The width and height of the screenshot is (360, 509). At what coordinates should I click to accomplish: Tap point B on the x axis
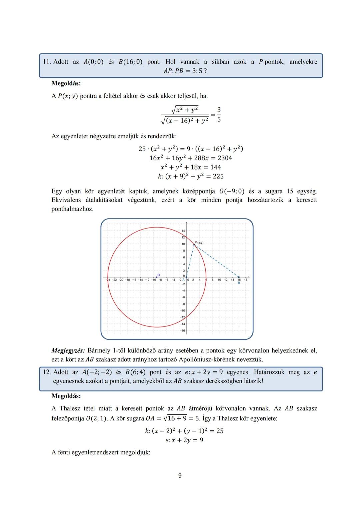tap(239, 277)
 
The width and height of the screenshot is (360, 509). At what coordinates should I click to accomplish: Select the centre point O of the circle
tap(157, 277)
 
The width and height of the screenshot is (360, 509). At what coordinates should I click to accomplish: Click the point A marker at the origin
tap(186, 277)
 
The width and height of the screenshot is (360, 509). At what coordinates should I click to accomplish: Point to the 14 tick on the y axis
tap(183, 231)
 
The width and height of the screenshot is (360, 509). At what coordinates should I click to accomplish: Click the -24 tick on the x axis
tap(108, 280)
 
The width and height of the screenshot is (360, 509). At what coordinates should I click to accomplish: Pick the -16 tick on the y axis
tap(183, 330)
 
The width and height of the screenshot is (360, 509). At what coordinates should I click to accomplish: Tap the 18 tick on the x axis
tap(246, 280)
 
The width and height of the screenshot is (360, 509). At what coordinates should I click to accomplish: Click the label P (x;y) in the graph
tap(199, 243)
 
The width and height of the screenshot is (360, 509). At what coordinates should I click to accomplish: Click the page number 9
tap(180, 476)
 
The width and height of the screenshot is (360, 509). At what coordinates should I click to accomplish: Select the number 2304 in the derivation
tap(225, 158)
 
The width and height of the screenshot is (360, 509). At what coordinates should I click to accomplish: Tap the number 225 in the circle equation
tap(218, 176)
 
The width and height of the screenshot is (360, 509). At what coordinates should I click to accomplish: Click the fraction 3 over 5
tap(219, 114)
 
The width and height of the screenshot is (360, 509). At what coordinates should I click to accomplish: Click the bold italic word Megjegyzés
tap(68, 350)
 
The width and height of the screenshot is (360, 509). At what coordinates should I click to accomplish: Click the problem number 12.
tap(46, 372)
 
